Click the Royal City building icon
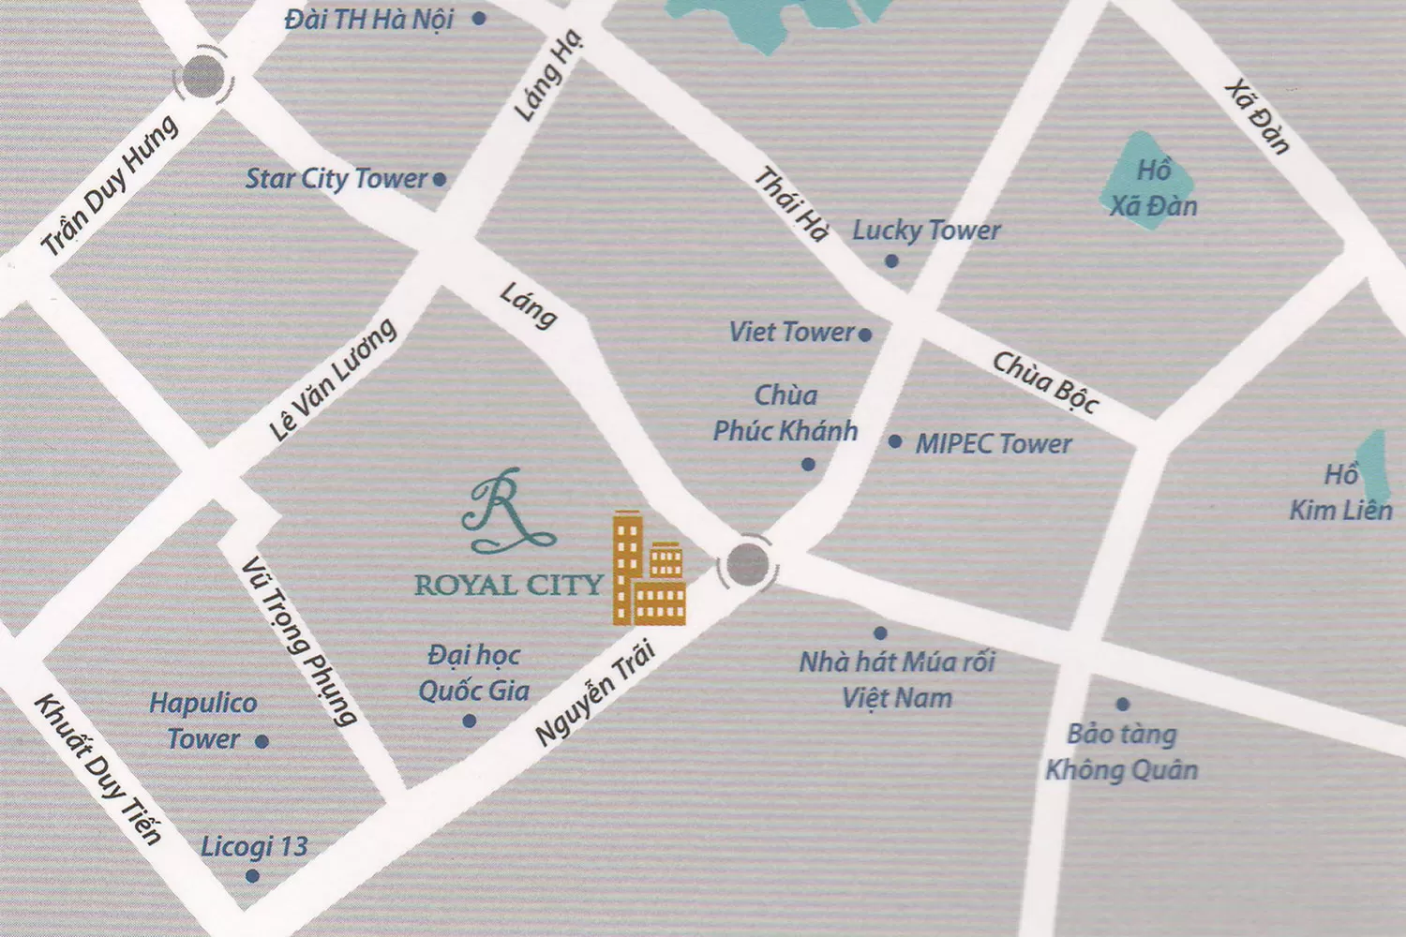pyautogui.click(x=649, y=570)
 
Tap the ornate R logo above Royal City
pyautogui.click(x=507, y=511)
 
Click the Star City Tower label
pyautogui.click(x=336, y=178)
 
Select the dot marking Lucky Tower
pyautogui.click(x=891, y=260)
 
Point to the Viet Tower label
pyautogui.click(x=791, y=332)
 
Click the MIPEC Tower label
pyautogui.click(x=994, y=443)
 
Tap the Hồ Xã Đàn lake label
pyautogui.click(x=1153, y=188)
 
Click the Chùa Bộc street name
pyautogui.click(x=1045, y=381)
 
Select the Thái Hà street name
pyautogui.click(x=793, y=204)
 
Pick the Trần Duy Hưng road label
pyautogui.click(x=110, y=186)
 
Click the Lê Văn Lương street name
pyautogui.click(x=333, y=379)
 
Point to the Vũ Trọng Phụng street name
pyautogui.click(x=299, y=642)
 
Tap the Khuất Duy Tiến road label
pyautogui.click(x=97, y=768)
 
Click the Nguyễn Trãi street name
pyautogui.click(x=594, y=693)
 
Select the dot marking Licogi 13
pyautogui.click(x=252, y=876)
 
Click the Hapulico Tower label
pyautogui.click(x=203, y=721)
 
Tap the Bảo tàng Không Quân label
pyautogui.click(x=1122, y=751)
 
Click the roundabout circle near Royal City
pyautogui.click(x=747, y=564)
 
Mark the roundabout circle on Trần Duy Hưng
pyautogui.click(x=203, y=77)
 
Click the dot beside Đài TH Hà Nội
pyautogui.click(x=479, y=18)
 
